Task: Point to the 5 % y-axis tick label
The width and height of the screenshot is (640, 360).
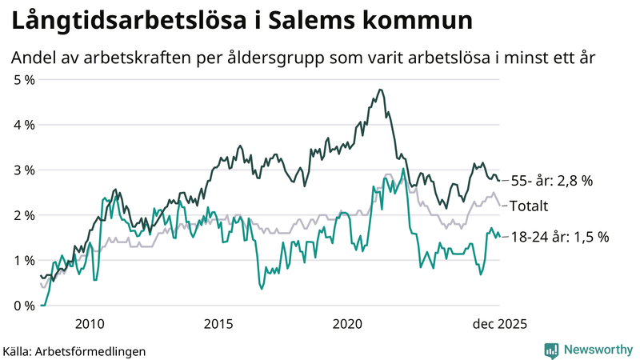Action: tap(24, 80)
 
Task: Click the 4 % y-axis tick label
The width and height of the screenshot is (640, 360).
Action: tap(24, 125)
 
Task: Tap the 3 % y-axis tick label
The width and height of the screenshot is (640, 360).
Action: tap(24, 170)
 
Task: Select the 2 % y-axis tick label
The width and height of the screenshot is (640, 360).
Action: tap(24, 215)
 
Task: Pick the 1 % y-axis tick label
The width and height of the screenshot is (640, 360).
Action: tap(24, 261)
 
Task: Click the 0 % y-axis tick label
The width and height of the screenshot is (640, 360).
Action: tap(24, 306)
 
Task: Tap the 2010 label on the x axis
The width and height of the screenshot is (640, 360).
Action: tap(89, 324)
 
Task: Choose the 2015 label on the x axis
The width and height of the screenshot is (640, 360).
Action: tap(218, 324)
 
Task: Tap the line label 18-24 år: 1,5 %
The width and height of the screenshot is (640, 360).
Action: tap(559, 237)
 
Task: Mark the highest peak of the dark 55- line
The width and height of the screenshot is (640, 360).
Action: tap(380, 90)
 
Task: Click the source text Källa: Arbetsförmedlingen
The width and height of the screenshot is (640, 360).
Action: tap(74, 350)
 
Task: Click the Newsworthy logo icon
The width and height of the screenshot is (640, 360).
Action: tap(551, 350)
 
